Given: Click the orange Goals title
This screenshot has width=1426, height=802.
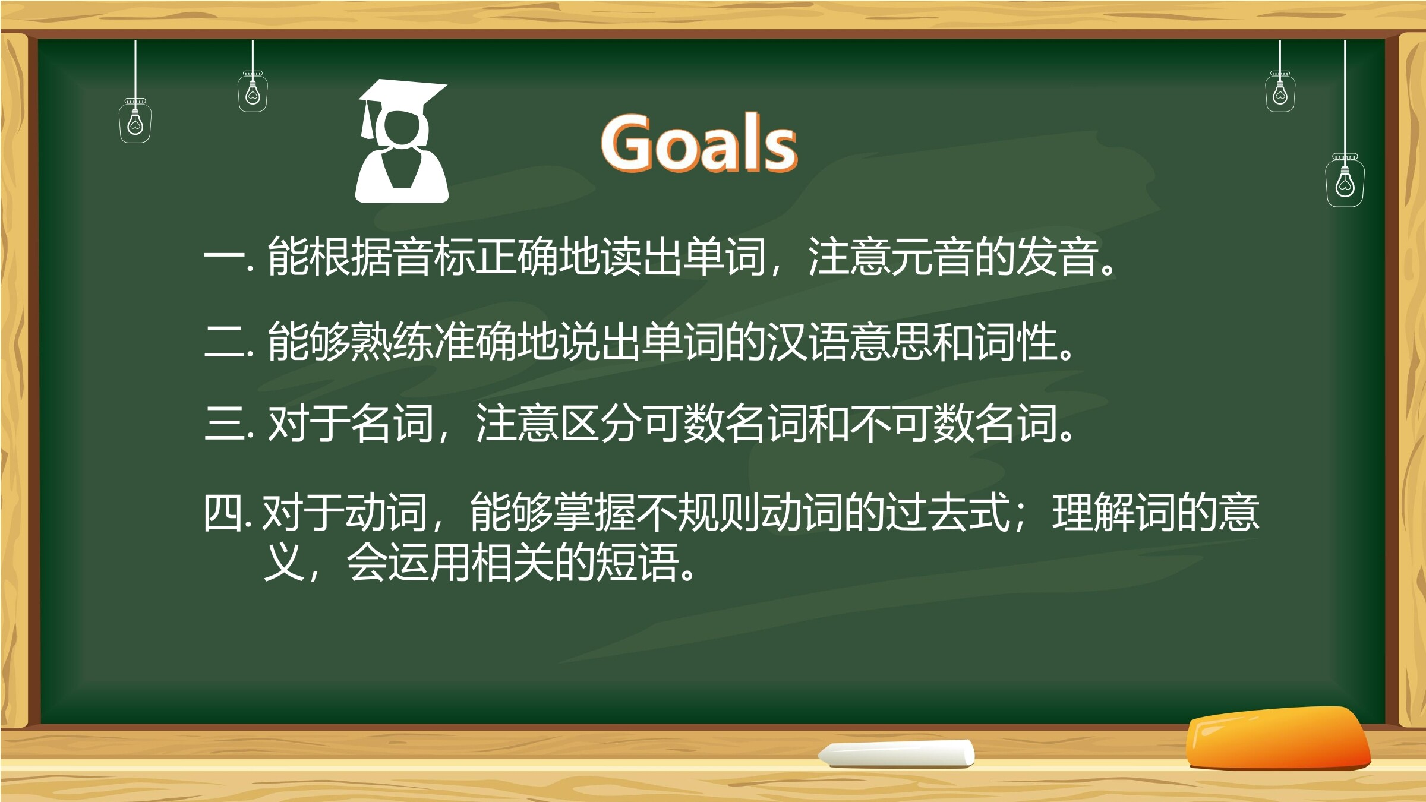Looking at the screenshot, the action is coord(699,143).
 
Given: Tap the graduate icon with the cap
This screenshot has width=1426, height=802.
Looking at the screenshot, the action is coord(402,141).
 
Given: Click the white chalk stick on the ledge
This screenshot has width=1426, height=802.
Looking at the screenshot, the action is coord(897,753).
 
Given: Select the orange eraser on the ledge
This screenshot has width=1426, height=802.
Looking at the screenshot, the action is coord(1277,738).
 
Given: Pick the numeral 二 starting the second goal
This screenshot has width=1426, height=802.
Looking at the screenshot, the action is coord(225,342).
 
